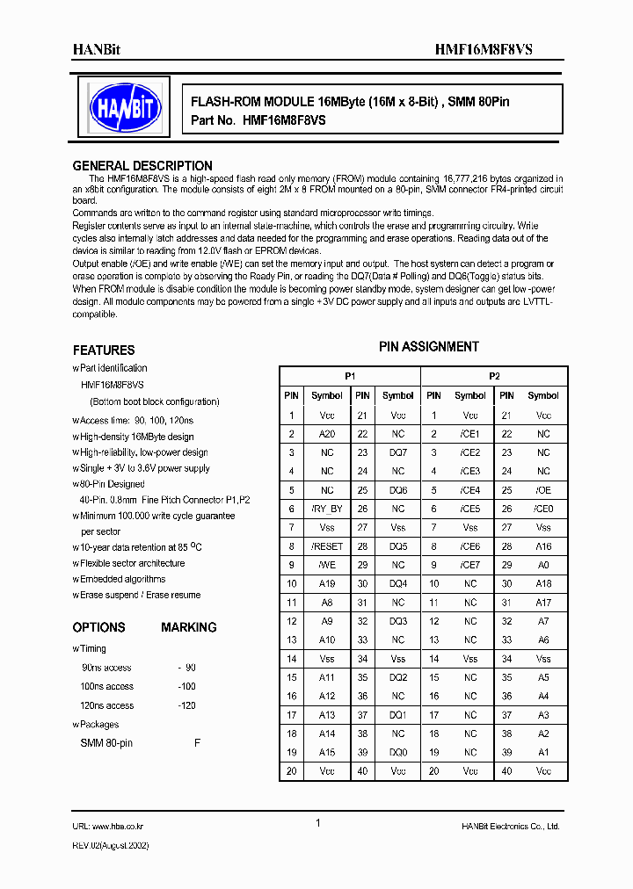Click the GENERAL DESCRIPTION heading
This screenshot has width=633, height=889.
(x=142, y=165)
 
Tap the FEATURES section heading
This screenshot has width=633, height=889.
(x=104, y=350)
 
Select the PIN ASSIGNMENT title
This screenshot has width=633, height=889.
(x=429, y=346)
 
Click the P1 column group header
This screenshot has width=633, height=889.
(x=350, y=376)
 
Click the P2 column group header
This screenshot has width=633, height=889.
(x=495, y=376)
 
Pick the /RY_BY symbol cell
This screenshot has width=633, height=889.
(x=327, y=509)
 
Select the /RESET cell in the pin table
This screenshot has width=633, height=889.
(x=327, y=546)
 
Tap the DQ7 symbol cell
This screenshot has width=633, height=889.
(x=398, y=452)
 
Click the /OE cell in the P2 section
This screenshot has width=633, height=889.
(x=543, y=490)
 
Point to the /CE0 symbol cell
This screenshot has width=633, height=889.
(x=543, y=509)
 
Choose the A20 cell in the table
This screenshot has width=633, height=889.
(x=327, y=434)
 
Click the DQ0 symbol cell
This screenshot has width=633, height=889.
(x=398, y=752)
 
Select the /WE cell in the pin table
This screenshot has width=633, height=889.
(x=327, y=565)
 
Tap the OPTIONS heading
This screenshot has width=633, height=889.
(x=98, y=627)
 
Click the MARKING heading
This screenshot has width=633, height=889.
(x=188, y=627)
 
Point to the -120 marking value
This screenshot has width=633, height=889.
(x=186, y=705)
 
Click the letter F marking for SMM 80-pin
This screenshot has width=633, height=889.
(x=197, y=743)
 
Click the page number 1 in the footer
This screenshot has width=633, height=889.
(x=317, y=823)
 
